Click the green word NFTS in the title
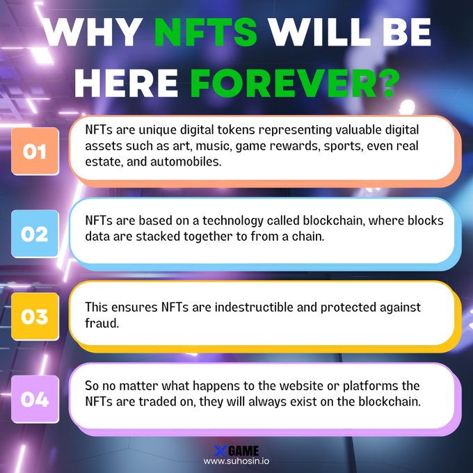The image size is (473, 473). click(x=206, y=32)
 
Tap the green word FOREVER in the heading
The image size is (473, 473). click(x=284, y=83)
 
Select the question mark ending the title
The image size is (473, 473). click(x=389, y=83)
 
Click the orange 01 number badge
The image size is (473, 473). click(x=35, y=151)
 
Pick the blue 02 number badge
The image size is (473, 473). click(x=35, y=234)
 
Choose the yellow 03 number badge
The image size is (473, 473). click(x=35, y=316)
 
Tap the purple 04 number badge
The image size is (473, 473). click(x=35, y=399)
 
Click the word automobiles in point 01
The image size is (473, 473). click(x=186, y=161)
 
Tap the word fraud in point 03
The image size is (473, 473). click(x=102, y=323)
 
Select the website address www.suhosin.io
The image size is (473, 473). click(x=236, y=461)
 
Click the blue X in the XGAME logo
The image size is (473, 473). click(x=221, y=451)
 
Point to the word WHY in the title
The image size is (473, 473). click(x=93, y=32)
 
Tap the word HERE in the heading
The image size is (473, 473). click(x=127, y=83)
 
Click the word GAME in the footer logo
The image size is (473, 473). click(x=243, y=451)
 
